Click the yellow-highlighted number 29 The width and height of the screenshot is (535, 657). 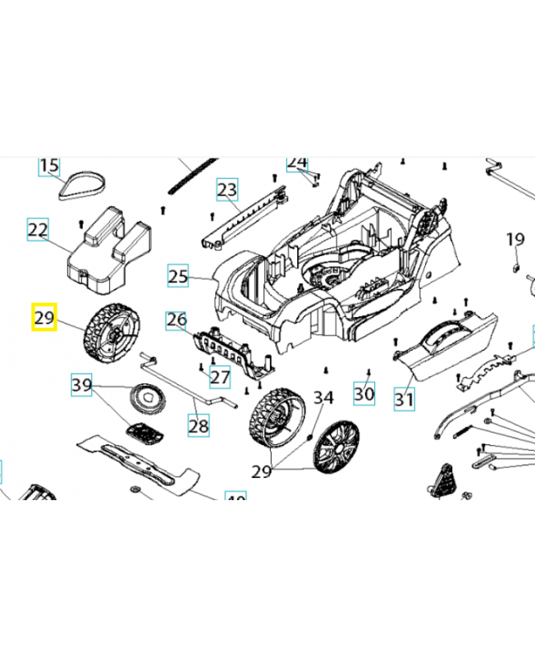[43, 318]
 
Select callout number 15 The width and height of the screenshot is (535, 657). [49, 167]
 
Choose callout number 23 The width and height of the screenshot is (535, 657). [227, 191]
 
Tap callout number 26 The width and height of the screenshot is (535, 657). [176, 319]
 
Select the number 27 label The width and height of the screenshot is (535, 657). [219, 377]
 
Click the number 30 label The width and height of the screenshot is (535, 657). [364, 394]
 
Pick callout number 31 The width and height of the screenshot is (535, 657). [404, 400]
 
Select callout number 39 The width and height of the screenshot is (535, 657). [82, 384]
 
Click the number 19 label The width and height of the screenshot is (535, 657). [514, 240]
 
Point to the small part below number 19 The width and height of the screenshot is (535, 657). [515, 264]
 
